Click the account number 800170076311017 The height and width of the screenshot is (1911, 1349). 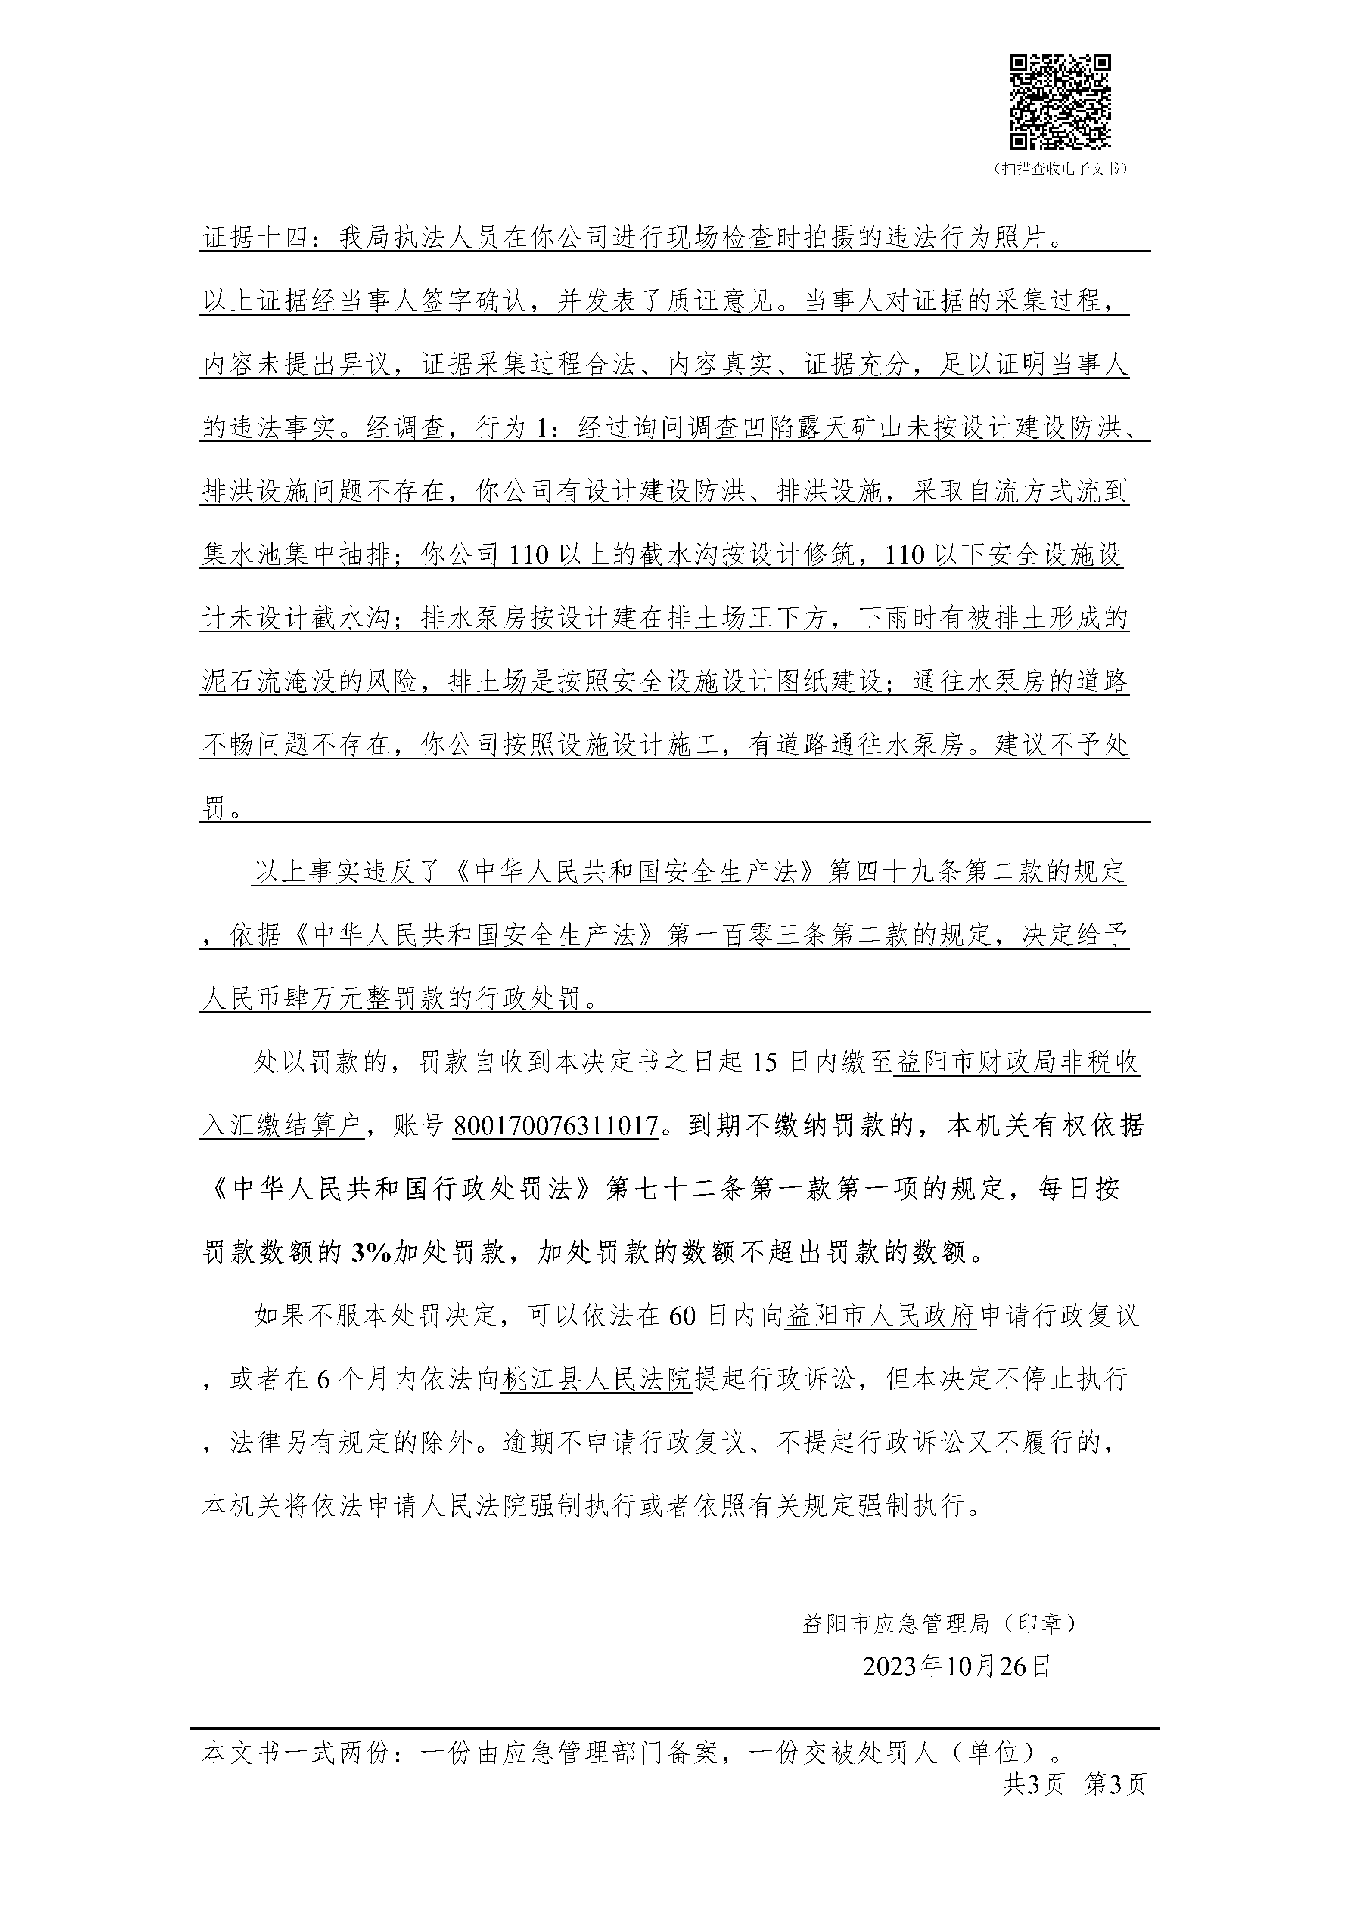[556, 1127]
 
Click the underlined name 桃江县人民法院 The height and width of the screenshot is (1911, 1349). [596, 1380]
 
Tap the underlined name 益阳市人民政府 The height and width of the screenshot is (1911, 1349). [880, 1317]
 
